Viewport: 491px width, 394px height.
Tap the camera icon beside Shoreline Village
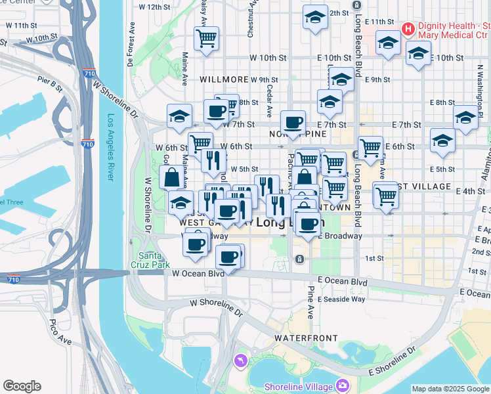click(341, 385)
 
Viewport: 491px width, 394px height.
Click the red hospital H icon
click(408, 29)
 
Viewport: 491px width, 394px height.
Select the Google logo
click(22, 385)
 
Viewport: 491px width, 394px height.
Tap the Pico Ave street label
click(60, 333)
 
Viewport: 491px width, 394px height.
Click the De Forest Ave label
click(131, 46)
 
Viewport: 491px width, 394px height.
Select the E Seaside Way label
click(341, 299)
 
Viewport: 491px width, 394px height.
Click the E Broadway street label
click(340, 236)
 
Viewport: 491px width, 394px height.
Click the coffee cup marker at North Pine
click(293, 121)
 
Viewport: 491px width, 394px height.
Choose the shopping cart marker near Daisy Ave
click(207, 38)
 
